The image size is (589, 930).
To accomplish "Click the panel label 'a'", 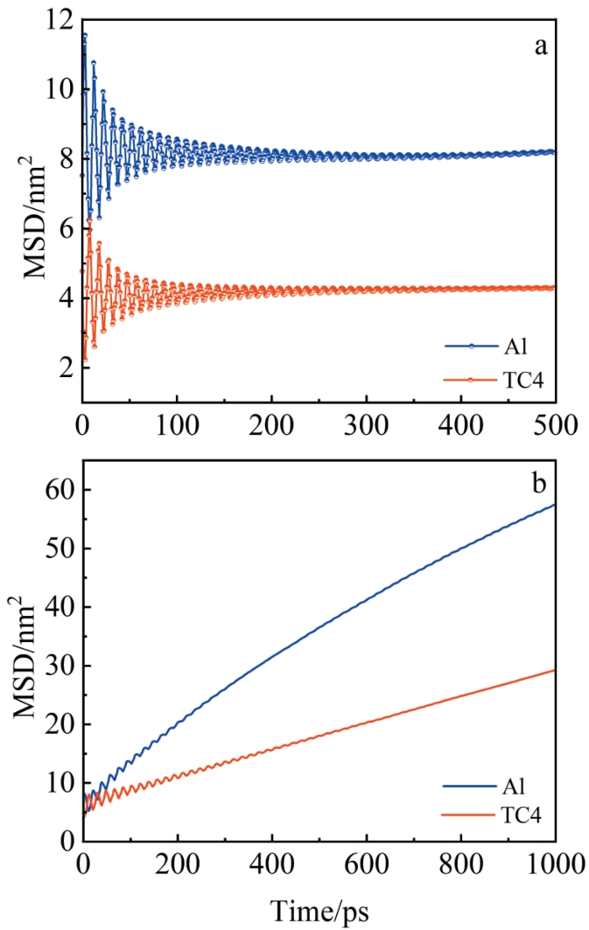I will click(x=541, y=45).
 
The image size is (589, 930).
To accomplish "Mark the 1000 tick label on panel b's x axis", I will click(x=555, y=864).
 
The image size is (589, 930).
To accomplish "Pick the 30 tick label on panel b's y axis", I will click(x=58, y=666).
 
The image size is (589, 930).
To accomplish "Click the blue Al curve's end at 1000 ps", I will click(x=555, y=504).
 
